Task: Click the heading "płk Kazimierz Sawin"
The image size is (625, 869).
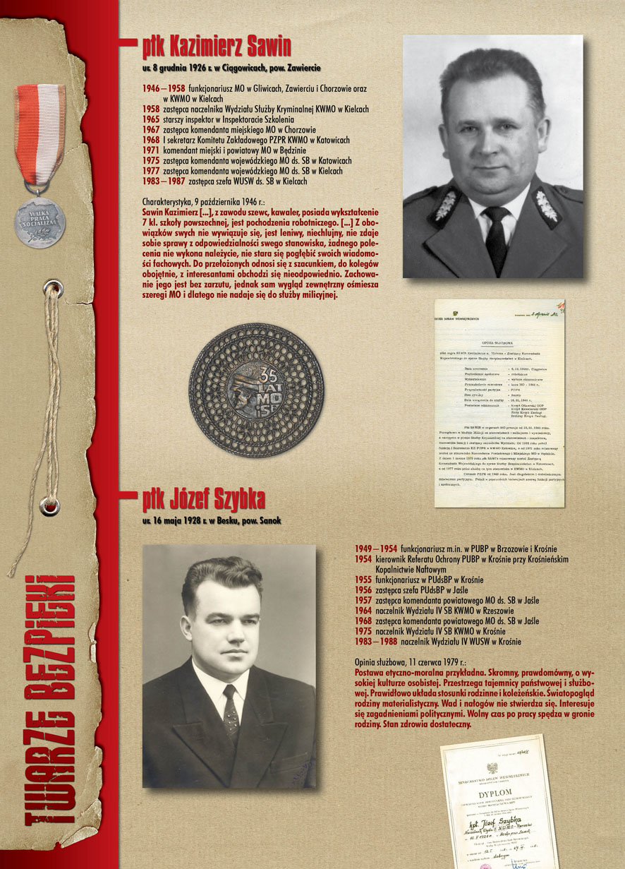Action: (x=216, y=47)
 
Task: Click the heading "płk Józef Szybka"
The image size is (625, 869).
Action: (x=203, y=500)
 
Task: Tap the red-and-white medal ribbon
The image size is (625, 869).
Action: (x=40, y=141)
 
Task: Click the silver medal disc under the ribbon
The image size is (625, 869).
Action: (x=40, y=222)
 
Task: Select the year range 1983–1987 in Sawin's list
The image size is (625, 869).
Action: (x=160, y=181)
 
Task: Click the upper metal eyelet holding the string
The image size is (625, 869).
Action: (x=49, y=287)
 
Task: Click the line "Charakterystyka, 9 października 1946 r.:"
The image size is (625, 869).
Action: (x=212, y=201)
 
